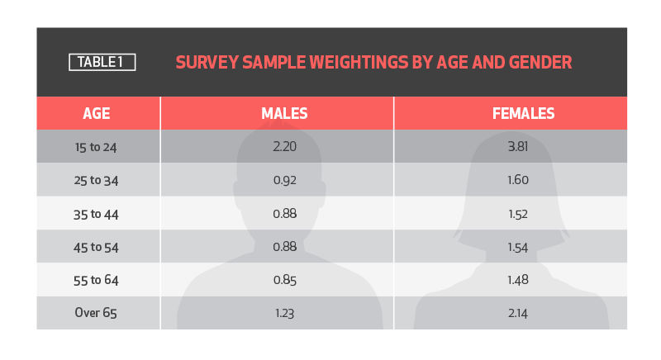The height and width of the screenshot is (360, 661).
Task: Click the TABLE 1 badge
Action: (x=102, y=62)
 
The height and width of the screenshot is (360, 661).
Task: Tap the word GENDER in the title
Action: (x=540, y=62)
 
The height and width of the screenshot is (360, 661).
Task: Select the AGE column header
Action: (x=97, y=114)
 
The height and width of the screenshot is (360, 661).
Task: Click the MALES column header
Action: (x=284, y=114)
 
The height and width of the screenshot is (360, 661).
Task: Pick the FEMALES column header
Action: (x=524, y=114)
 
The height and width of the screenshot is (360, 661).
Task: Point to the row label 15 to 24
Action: (x=96, y=147)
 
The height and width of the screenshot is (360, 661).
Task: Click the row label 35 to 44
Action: (x=96, y=215)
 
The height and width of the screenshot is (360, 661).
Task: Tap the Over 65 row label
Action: (x=96, y=313)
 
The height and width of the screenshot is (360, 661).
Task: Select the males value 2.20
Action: (x=284, y=146)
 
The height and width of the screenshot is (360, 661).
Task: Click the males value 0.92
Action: (x=284, y=180)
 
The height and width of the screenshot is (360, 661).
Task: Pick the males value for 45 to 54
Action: (x=284, y=247)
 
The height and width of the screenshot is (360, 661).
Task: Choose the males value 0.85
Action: (x=284, y=280)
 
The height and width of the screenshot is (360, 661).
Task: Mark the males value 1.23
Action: (x=284, y=313)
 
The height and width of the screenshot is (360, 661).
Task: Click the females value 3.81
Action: (x=518, y=146)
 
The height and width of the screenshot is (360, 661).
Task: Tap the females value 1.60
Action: (x=518, y=180)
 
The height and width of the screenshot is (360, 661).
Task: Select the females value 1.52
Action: (x=518, y=215)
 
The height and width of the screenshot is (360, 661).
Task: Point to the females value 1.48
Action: (x=518, y=280)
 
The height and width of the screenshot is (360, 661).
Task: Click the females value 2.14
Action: (x=518, y=313)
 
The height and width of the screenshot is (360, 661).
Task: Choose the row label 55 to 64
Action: (x=96, y=281)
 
